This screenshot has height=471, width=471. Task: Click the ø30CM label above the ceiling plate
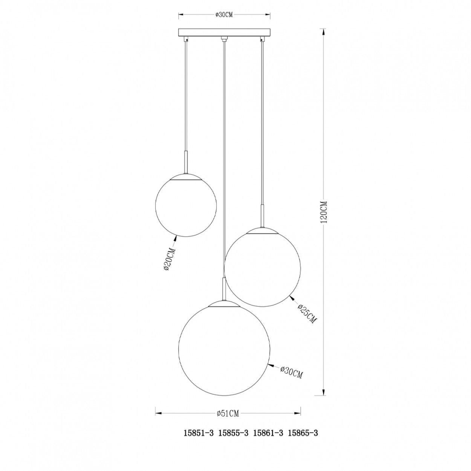pos(224,15)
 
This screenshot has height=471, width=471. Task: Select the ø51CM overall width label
pos(228,413)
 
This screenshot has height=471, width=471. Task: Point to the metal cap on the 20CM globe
pos(186,177)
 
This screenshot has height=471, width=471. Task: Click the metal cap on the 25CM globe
pos(263,230)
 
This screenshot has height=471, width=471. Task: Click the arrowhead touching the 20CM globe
pos(175,237)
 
